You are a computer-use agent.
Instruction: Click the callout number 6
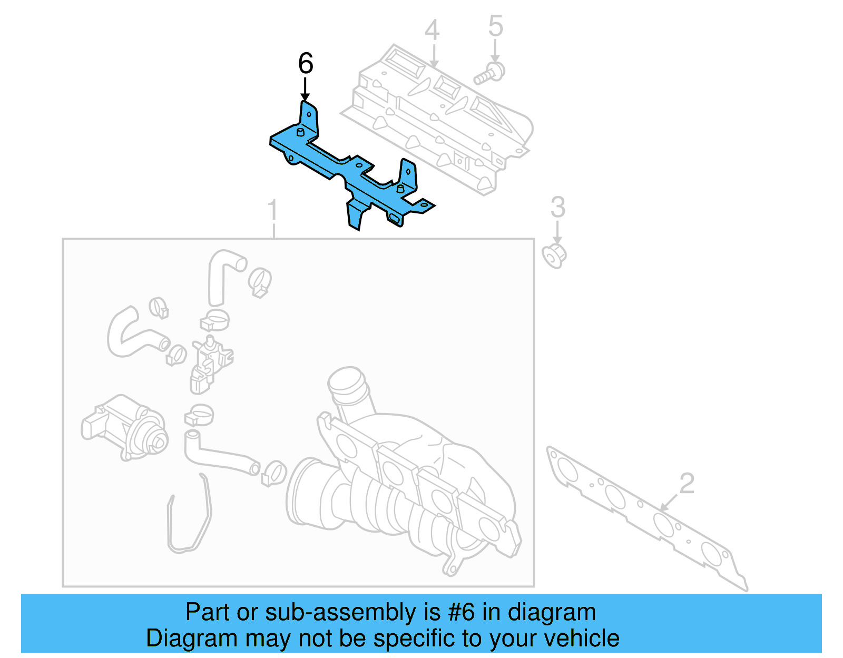(x=306, y=64)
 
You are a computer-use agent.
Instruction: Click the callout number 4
(x=432, y=31)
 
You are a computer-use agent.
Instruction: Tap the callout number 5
(x=495, y=26)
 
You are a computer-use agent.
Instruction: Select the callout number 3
(x=557, y=208)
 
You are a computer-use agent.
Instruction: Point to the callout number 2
(x=687, y=483)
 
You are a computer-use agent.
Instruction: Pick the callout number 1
(x=272, y=211)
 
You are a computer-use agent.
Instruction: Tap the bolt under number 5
(x=489, y=74)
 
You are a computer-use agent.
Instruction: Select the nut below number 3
(x=554, y=256)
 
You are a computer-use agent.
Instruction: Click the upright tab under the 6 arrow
(x=309, y=119)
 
